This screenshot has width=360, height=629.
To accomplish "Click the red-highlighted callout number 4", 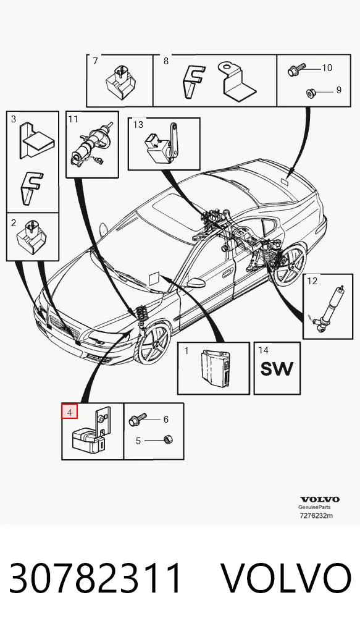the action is (x=69, y=412).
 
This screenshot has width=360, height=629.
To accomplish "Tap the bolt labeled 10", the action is (x=296, y=70).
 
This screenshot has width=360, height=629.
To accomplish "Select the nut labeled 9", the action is (x=310, y=93).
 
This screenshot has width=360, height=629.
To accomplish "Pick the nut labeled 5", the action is (x=167, y=440).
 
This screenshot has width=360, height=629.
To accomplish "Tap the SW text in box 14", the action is (x=277, y=368).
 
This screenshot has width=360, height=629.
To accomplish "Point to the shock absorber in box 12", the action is (x=328, y=309).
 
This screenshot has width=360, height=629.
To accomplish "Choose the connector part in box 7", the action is (x=120, y=82).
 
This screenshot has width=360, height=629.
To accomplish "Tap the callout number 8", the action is (x=166, y=61).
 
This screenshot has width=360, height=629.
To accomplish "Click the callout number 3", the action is (x=14, y=119).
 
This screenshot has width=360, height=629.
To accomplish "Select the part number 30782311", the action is (x=96, y=578).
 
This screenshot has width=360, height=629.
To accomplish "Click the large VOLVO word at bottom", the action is (x=287, y=578).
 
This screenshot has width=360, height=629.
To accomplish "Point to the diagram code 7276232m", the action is (x=316, y=515).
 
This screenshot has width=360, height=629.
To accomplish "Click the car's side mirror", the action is (x=195, y=283).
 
